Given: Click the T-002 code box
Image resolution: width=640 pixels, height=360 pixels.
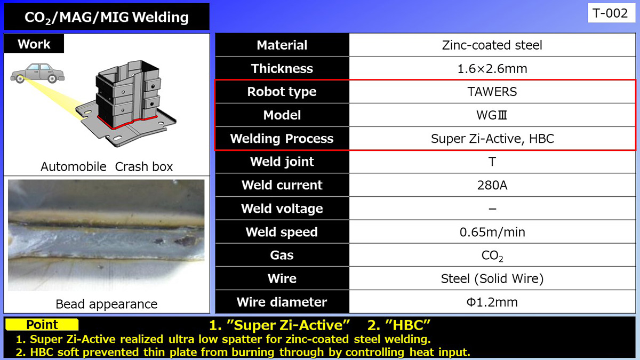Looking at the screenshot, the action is (611, 13).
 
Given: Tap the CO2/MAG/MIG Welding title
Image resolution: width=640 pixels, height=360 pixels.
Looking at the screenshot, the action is (107, 17).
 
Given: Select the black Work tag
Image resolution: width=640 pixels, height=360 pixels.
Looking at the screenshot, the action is (34, 44).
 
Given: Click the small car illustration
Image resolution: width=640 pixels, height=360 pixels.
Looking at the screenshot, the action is (37, 73).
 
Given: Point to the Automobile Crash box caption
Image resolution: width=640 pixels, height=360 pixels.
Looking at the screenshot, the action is (107, 166).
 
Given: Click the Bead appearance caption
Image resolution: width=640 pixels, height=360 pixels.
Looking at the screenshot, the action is (107, 304).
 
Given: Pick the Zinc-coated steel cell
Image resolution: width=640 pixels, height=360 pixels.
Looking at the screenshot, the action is (492, 45).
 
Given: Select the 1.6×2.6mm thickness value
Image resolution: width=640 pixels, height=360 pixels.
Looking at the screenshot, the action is (492, 69).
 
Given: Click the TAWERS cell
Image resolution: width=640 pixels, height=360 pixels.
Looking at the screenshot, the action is (492, 92).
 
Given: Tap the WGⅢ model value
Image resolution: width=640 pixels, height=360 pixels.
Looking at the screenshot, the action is (492, 115).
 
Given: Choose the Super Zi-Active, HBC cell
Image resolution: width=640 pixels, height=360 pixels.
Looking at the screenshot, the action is (492, 139).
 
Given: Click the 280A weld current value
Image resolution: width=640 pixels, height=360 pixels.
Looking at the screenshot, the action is (492, 185).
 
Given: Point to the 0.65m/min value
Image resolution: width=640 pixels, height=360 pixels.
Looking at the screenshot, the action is (492, 232).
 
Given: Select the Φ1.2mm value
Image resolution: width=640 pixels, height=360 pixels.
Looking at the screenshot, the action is (492, 302).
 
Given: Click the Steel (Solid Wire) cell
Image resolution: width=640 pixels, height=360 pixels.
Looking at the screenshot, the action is (492, 278).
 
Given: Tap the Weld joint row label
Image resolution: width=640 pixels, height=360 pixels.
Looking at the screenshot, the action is (282, 162).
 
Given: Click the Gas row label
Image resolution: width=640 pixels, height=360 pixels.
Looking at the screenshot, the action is (282, 255).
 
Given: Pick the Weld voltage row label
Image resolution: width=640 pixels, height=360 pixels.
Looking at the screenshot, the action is (282, 209).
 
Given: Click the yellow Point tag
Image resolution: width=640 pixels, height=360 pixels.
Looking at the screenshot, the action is (42, 325).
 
